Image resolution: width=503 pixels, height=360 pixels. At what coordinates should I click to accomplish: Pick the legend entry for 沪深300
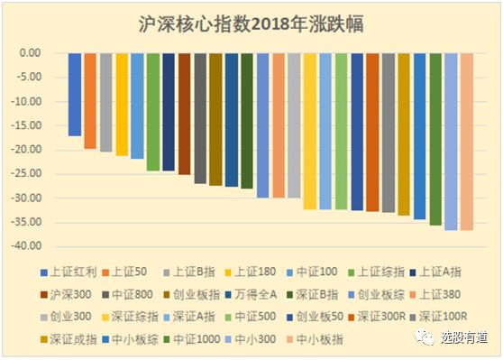(x=70, y=293)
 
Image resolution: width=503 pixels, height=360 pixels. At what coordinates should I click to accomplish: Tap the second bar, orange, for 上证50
(x=90, y=100)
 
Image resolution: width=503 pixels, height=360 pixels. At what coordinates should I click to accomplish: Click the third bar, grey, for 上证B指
(x=106, y=102)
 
